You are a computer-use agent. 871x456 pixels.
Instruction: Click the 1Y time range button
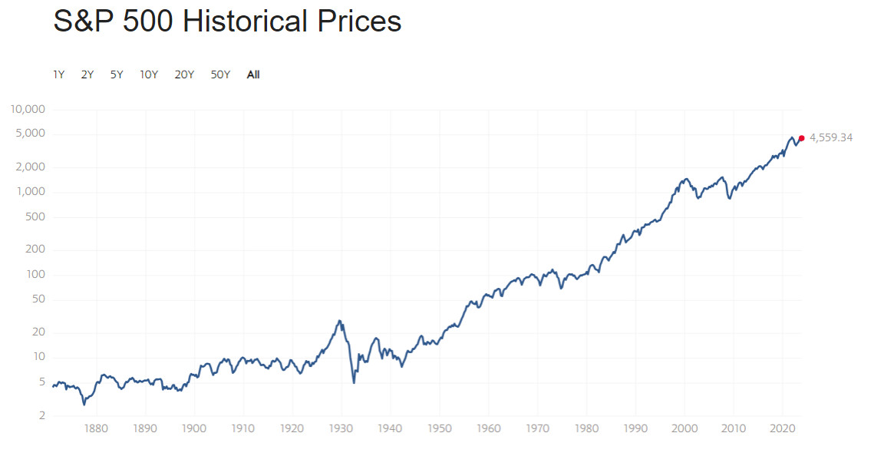tap(58, 74)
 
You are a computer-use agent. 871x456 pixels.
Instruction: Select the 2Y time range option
tap(87, 74)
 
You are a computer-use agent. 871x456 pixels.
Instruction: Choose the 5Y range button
tap(117, 74)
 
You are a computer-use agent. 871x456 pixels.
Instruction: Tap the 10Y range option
tap(149, 74)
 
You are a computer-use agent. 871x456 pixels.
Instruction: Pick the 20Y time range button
tap(184, 74)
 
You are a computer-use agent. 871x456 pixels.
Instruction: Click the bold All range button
tap(253, 74)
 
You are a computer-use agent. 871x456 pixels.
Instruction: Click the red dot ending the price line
tap(801, 138)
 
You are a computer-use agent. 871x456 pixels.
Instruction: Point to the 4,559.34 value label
tap(831, 138)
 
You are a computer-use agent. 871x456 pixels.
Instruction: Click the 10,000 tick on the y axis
tap(29, 109)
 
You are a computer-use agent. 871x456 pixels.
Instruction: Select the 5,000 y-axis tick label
tap(31, 134)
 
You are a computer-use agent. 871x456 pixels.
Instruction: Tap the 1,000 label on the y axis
tap(31, 192)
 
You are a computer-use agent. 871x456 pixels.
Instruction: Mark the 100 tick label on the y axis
tap(37, 275)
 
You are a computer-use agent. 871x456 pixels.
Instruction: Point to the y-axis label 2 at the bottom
tap(43, 415)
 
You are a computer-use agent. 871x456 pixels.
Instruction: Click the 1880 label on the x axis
tap(96, 428)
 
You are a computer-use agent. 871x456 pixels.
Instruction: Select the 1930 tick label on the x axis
tap(341, 428)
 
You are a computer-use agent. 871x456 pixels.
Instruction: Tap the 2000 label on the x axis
tap(685, 428)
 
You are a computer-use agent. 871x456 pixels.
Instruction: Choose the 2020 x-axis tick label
tap(782, 428)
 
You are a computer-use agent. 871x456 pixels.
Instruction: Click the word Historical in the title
tap(248, 21)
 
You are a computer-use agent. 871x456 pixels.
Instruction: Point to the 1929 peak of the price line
tap(338, 320)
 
